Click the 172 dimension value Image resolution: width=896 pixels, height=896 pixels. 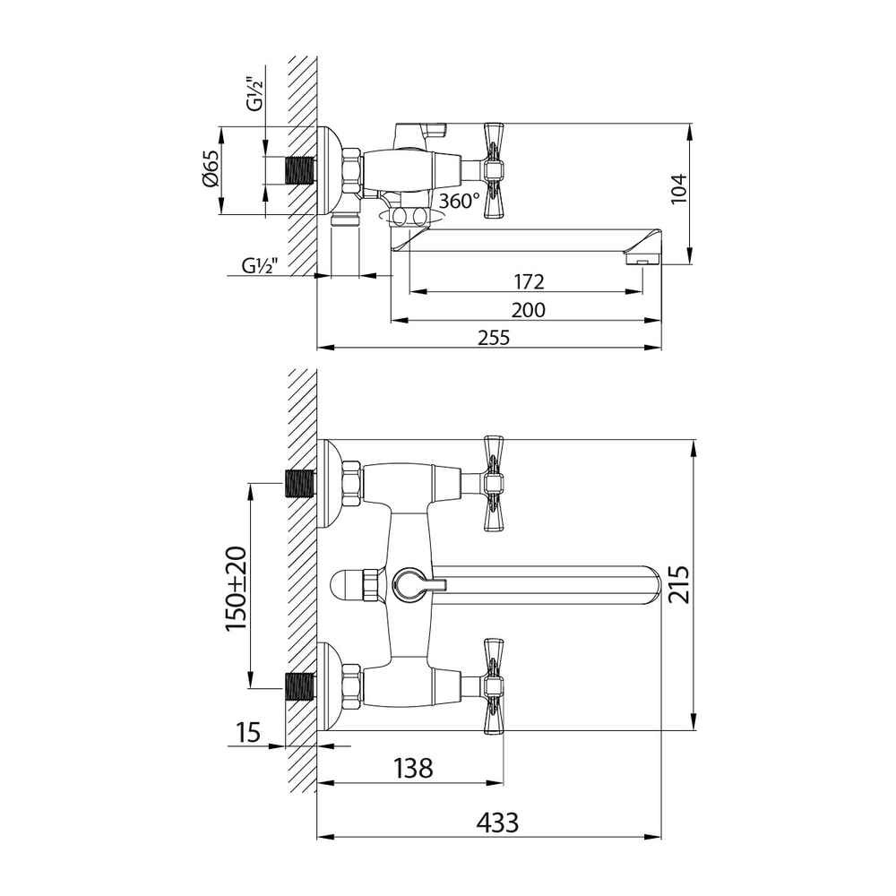coord(529,282)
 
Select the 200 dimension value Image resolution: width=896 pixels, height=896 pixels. coord(529,310)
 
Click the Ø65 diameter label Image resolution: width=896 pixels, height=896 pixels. coord(210,168)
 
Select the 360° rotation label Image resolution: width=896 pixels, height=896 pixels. coord(460,202)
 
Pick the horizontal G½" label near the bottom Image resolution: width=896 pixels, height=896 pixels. coord(260,266)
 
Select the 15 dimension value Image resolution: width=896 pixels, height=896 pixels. coord(249,733)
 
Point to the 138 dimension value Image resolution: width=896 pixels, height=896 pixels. coord(412,768)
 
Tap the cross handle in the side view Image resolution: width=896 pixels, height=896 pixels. coord(495,170)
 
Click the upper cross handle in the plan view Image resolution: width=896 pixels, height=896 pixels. coord(495,484)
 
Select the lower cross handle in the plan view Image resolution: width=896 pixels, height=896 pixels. coord(495,686)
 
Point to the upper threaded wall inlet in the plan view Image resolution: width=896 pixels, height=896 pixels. coord(300,484)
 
